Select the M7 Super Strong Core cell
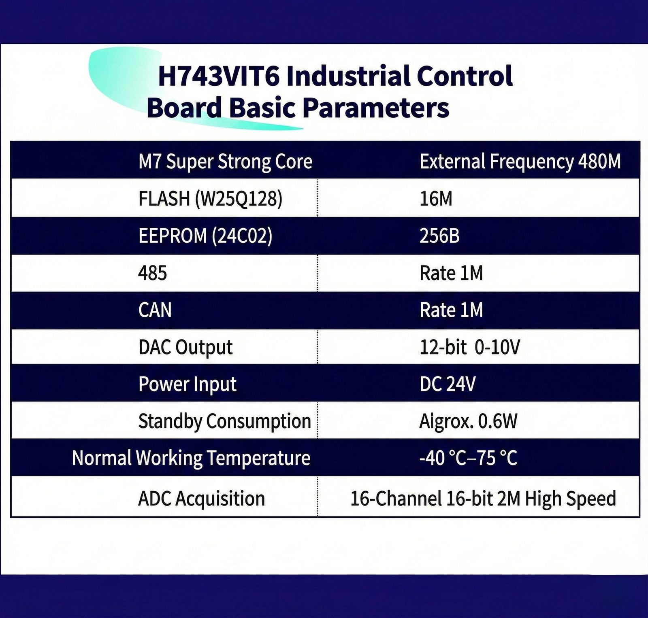225,162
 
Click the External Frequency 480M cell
520,162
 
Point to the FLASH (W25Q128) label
210,199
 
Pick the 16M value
436,199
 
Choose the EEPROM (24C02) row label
205,236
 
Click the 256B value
439,236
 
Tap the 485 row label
153,273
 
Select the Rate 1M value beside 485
451,273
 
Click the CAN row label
155,310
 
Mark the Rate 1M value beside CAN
451,310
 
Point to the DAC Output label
185,347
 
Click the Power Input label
188,384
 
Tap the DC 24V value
448,384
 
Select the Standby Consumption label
224,421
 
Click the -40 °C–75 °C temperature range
468,458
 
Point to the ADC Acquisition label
201,499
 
